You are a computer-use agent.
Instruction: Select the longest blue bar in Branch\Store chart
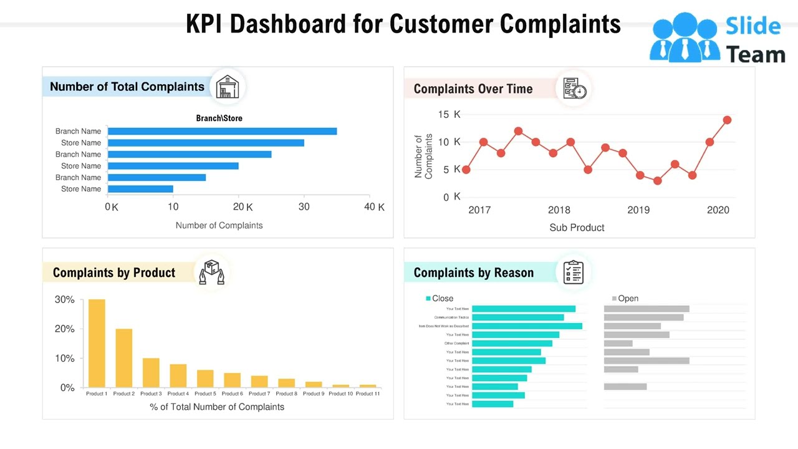(222, 131)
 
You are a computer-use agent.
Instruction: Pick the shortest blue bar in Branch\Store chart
(140, 189)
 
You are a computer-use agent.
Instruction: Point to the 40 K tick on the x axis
(374, 207)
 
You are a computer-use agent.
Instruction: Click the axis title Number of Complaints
(219, 225)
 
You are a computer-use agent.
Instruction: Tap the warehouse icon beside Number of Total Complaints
(228, 87)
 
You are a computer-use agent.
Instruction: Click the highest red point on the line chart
(727, 120)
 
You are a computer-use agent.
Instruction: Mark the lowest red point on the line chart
(657, 181)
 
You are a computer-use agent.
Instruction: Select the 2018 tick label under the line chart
(559, 210)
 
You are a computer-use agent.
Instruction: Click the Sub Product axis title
(577, 228)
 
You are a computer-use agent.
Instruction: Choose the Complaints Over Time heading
(473, 89)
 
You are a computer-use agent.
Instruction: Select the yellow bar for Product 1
(97, 343)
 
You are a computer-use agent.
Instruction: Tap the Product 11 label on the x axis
(368, 393)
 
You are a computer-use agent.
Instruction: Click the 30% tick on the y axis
(65, 300)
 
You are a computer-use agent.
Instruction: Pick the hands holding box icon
(211, 273)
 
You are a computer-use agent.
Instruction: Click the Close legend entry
(440, 299)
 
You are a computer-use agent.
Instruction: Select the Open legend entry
(625, 299)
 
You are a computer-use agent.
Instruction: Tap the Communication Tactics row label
(451, 317)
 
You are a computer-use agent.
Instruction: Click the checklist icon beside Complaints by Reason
(573, 273)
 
